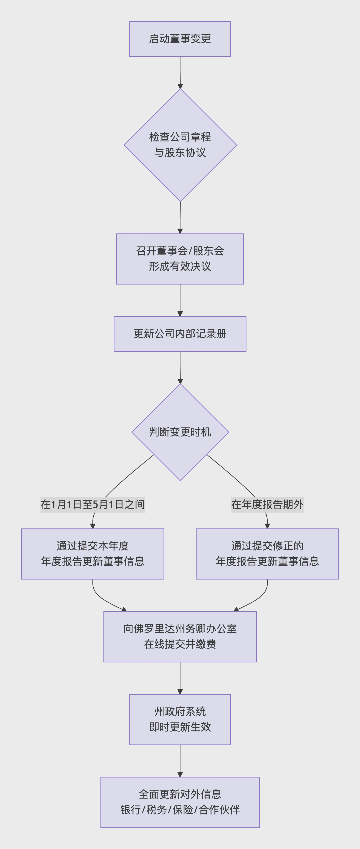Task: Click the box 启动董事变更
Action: point(180,39)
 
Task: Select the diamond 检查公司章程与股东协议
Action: point(180,145)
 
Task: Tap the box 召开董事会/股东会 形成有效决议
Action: point(180,259)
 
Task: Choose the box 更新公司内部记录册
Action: point(180,334)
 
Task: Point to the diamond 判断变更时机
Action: point(180,432)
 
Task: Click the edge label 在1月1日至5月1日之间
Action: point(93,504)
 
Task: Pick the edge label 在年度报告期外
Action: point(267,504)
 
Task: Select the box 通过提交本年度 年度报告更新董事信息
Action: point(93,554)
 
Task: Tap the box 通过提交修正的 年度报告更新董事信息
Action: point(267,554)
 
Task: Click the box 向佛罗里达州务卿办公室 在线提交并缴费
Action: point(180,636)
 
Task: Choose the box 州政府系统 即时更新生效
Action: point(180,719)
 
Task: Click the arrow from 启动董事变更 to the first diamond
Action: point(180,72)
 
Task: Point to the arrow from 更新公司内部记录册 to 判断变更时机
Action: point(180,367)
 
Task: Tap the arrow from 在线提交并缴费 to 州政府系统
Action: point(180,678)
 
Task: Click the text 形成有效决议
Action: point(180,266)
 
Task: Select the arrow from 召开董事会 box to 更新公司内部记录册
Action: point(180,300)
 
